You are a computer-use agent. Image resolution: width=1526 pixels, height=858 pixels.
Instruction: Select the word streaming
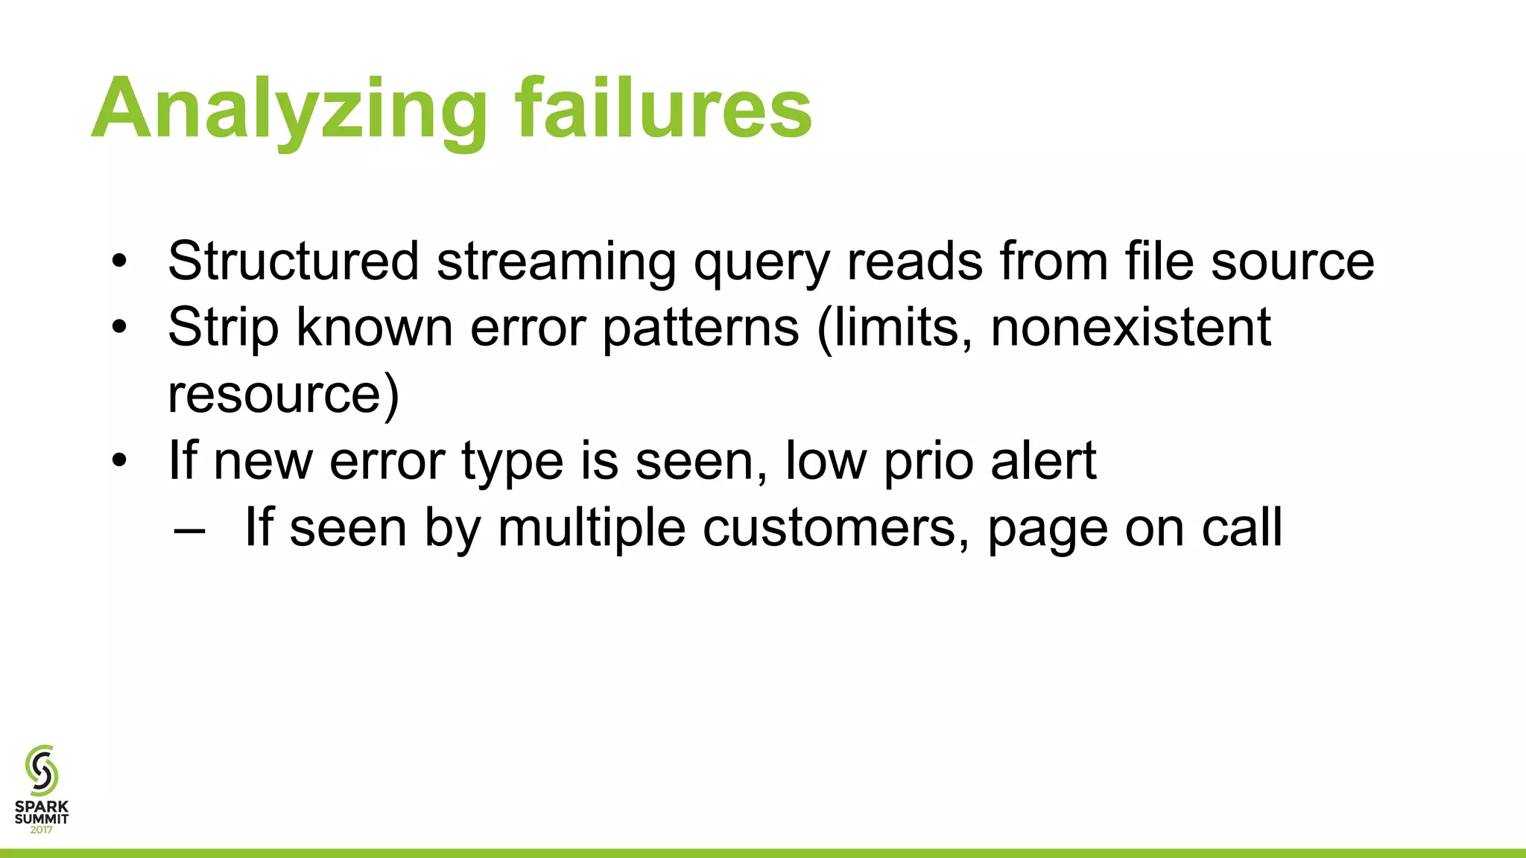[x=557, y=262]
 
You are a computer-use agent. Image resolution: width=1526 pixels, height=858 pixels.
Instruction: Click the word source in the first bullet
[x=1292, y=262]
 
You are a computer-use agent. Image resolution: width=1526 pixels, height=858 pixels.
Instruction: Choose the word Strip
[x=223, y=328]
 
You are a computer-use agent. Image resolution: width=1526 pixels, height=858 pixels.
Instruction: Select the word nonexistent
[x=1130, y=327]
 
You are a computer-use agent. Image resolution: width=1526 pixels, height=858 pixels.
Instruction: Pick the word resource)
[x=283, y=395]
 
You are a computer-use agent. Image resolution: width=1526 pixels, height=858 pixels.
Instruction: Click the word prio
[x=928, y=463]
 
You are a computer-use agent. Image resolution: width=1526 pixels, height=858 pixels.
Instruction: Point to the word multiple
[x=591, y=529]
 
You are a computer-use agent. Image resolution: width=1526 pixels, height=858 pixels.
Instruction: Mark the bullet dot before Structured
[x=119, y=261]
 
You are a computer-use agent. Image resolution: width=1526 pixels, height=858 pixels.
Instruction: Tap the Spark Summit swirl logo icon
[x=42, y=770]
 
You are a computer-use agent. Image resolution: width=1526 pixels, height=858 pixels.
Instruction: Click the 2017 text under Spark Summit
[x=42, y=830]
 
